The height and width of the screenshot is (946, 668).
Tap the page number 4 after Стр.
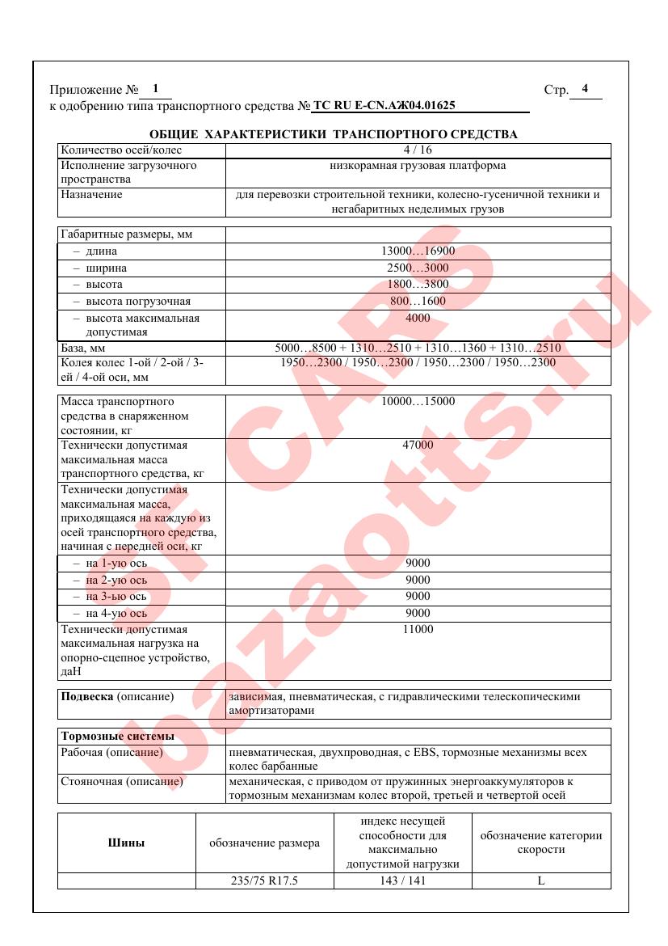585,89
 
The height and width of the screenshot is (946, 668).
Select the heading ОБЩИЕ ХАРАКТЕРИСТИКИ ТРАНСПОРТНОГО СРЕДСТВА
334,134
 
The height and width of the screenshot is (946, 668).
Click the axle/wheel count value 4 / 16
418,150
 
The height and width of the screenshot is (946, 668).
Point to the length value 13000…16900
418,251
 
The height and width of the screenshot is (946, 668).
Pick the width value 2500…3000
418,268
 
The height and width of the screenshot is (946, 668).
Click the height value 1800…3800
418,285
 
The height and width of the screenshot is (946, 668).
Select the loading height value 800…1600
418,302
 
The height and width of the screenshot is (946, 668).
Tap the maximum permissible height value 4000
418,319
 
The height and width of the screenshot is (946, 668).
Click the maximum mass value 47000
418,446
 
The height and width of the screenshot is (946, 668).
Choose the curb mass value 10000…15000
418,402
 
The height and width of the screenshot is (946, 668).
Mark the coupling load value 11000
418,630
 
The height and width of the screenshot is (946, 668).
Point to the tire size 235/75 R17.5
265,881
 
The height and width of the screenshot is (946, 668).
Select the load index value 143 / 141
402,881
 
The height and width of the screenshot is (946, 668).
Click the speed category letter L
541,881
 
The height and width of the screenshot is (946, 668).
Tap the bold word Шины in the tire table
127,843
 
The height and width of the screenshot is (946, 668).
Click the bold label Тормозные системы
118,737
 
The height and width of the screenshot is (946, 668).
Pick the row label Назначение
92,195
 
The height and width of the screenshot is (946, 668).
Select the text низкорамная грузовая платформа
418,167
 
